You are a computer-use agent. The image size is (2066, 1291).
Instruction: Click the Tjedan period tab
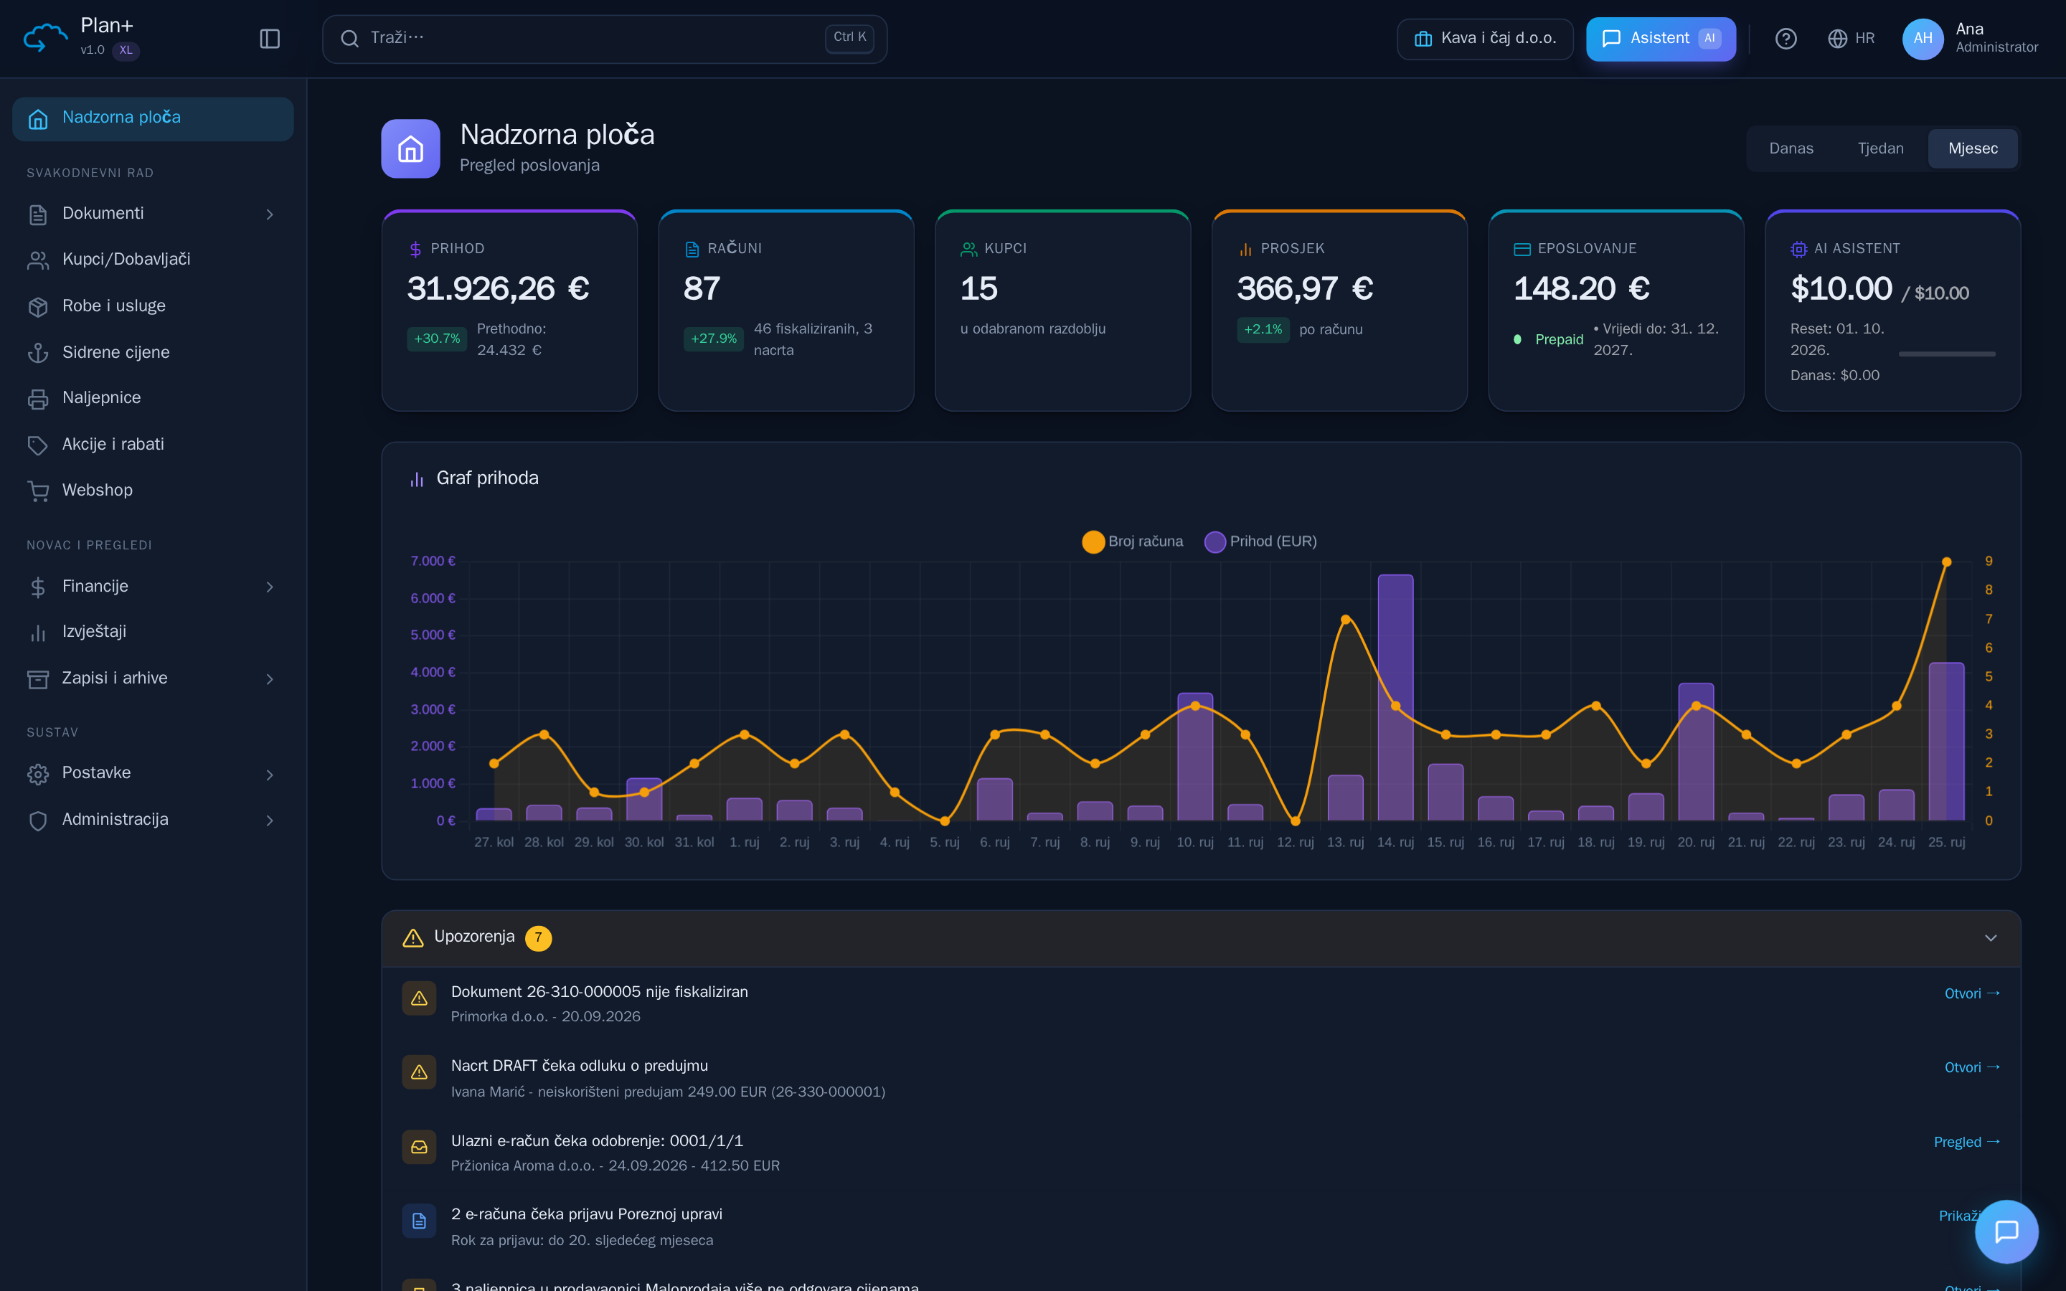(1880, 148)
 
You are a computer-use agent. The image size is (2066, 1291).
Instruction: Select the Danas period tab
(1791, 148)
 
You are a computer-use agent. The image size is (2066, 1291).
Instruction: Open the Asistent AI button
(1661, 39)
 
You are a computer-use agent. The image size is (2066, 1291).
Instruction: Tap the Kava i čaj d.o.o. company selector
(1485, 39)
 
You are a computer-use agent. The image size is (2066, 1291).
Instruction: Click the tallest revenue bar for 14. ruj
(1395, 698)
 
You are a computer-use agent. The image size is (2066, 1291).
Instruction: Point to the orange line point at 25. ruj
(1946, 562)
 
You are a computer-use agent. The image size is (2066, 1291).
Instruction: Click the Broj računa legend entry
(1132, 542)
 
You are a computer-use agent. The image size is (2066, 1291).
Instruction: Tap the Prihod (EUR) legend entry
(1260, 542)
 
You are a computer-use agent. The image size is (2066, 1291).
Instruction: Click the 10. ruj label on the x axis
(1194, 842)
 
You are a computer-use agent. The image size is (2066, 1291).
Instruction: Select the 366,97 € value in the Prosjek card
(1304, 288)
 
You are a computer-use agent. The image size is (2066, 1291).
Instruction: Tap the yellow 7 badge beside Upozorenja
(538, 937)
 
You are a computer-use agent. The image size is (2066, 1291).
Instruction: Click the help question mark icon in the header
(1785, 39)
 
